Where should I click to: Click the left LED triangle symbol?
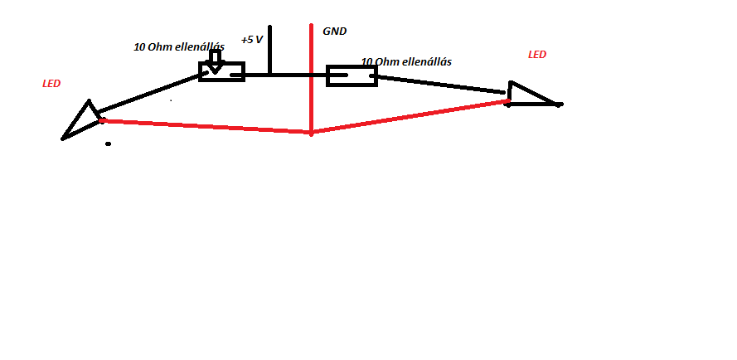pos(82,121)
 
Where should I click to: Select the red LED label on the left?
pos(51,84)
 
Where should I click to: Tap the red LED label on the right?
pos(537,55)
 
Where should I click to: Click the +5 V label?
pos(252,40)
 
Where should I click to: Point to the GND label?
pos(335,32)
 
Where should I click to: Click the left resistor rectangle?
pos(221,72)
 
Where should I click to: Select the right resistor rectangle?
pos(352,76)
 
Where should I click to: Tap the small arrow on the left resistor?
pos(215,61)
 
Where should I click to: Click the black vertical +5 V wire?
pos(269,50)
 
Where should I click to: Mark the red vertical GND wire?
pos(311,50)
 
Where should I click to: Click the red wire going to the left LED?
pos(207,126)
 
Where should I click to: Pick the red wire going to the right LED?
pos(410,116)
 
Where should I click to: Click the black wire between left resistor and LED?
pos(149,93)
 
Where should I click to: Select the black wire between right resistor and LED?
pos(439,85)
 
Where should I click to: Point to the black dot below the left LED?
pos(108,144)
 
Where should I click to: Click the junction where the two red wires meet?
pos(311,132)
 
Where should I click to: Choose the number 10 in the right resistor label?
pos(366,62)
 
